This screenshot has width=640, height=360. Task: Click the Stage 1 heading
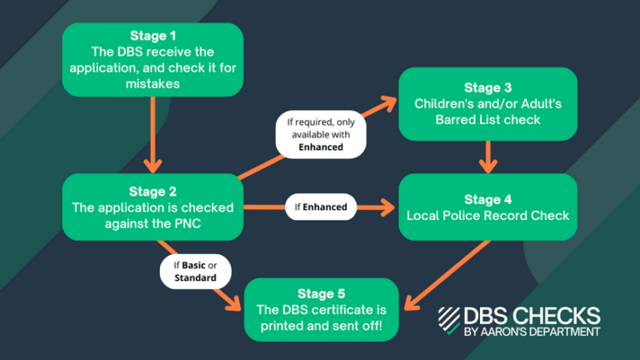152,36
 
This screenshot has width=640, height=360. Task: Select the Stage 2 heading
152,191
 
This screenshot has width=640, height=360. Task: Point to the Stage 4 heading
487,199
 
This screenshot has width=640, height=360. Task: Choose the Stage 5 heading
321,294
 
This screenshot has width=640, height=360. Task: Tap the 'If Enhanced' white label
318,207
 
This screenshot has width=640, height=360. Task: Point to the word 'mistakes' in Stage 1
152,83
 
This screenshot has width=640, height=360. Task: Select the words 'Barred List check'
487,119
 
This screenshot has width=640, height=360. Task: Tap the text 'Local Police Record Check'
487,216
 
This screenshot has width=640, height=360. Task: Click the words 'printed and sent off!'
321,326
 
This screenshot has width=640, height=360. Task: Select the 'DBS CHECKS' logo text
531,316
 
